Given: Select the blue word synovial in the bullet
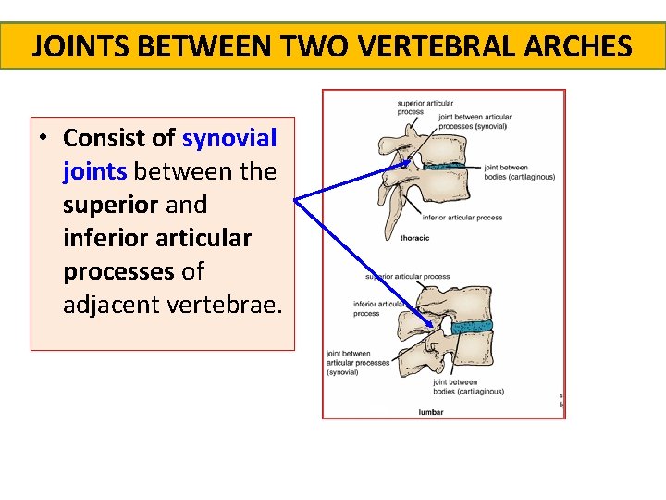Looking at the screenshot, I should (x=229, y=138).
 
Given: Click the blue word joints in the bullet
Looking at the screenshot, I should (x=95, y=171).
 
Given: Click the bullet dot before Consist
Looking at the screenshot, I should (x=43, y=139).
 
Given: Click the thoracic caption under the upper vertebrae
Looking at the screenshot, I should (x=414, y=238).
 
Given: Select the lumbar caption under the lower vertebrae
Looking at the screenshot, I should (x=431, y=412).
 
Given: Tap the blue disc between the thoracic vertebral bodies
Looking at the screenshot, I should (x=452, y=169).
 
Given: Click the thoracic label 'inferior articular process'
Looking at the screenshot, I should (x=462, y=218).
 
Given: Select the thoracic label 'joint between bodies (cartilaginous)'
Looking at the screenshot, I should (x=519, y=171).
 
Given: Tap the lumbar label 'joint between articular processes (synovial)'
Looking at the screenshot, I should (x=357, y=362).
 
